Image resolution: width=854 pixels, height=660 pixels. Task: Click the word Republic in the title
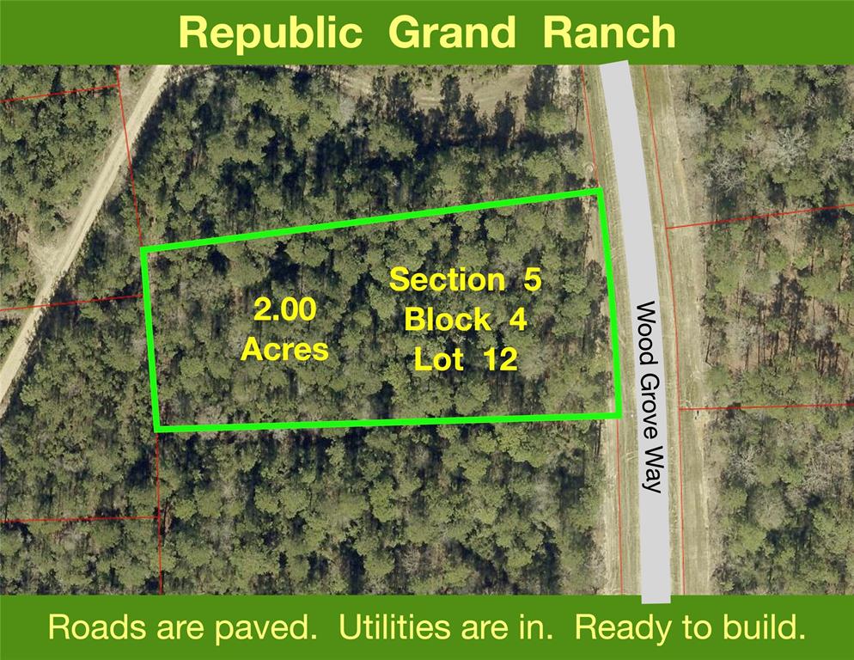point(271,34)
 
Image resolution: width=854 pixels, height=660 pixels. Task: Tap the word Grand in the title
point(452,32)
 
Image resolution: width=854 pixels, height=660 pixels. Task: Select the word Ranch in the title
point(609,32)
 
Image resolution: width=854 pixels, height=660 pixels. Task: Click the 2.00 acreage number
point(285,310)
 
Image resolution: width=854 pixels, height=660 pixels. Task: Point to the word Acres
point(285,349)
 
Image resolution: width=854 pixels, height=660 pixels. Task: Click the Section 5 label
point(466,279)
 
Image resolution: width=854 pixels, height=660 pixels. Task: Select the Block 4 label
point(466,320)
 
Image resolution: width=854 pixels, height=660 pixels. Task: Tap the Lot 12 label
point(466,359)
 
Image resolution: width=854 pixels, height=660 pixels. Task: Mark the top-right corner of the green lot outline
point(600,191)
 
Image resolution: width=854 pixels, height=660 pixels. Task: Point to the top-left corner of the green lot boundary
point(143,249)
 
